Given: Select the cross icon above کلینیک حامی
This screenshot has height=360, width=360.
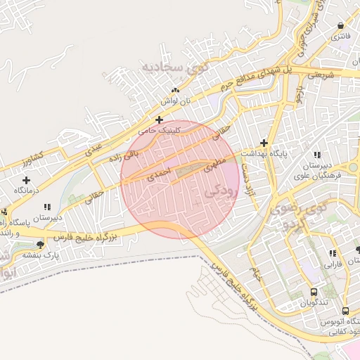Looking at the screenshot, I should pyautogui.click(x=160, y=120).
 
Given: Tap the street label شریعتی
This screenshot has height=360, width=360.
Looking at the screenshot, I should pyautogui.click(x=323, y=72).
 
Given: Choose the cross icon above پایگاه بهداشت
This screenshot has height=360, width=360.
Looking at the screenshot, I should pyautogui.click(x=264, y=142).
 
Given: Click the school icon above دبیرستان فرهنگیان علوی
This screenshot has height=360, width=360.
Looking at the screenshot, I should pyautogui.click(x=317, y=154).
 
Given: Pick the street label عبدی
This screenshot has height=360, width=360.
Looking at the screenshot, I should pyautogui.click(x=94, y=148).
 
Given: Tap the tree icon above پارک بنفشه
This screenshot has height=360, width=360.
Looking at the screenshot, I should pyautogui.click(x=41, y=245).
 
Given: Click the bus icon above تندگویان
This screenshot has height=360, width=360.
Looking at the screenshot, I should pyautogui.click(x=314, y=292).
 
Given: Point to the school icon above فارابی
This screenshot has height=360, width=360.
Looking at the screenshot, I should pyautogui.click(x=332, y=253).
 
